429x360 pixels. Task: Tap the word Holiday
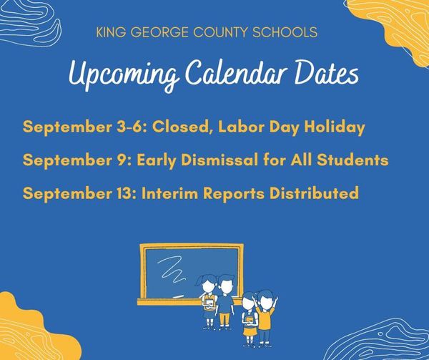pyautogui.click(x=332, y=128)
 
